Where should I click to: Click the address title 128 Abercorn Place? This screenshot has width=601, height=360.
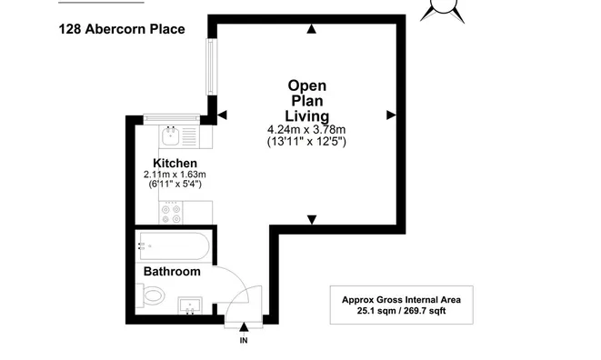coord(121,29)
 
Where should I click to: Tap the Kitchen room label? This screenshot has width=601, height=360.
coord(175,163)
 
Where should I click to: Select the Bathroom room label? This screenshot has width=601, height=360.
coord(171,272)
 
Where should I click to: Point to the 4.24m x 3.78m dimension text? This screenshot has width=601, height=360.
coord(306,129)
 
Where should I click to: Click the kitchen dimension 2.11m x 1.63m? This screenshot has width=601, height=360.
coord(175,175)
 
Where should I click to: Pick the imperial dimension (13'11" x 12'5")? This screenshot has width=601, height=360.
coord(306,142)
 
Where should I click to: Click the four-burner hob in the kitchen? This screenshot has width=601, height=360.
coord(171,213)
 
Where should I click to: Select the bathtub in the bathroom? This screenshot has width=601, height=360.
coord(174,245)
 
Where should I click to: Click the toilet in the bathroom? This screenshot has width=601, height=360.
coord(152,295)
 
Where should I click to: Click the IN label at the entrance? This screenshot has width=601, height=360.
coord(243,341)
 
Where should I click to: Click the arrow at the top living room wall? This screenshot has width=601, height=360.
coord(312,29)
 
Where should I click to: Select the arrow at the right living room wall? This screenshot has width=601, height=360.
coord(391,115)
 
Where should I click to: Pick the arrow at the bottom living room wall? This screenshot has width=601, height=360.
coord(312,219)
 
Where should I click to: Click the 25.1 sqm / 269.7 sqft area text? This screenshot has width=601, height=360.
coord(401,311)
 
